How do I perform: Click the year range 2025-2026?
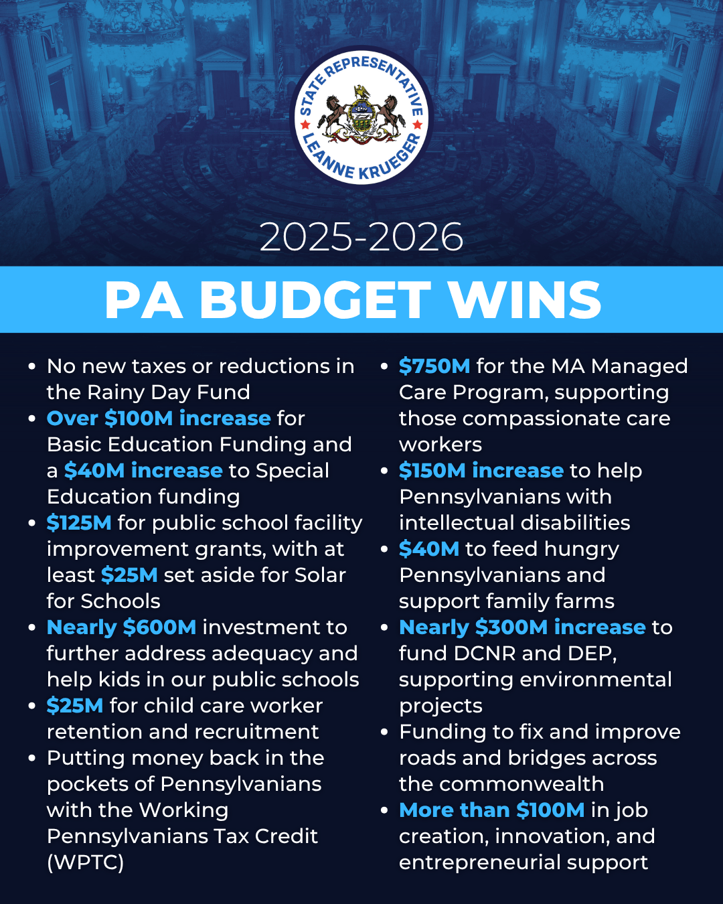point(361,237)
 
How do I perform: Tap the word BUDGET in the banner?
point(315,300)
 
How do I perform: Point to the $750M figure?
point(434,366)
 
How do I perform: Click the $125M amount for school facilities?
point(79,523)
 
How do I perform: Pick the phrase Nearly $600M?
point(121,627)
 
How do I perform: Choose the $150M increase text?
point(481,471)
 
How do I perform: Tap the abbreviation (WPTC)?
point(85,862)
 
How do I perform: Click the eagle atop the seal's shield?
point(361,93)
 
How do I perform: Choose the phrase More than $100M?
point(491,810)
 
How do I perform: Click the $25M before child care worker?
point(75,706)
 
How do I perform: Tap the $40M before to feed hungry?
point(428,549)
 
